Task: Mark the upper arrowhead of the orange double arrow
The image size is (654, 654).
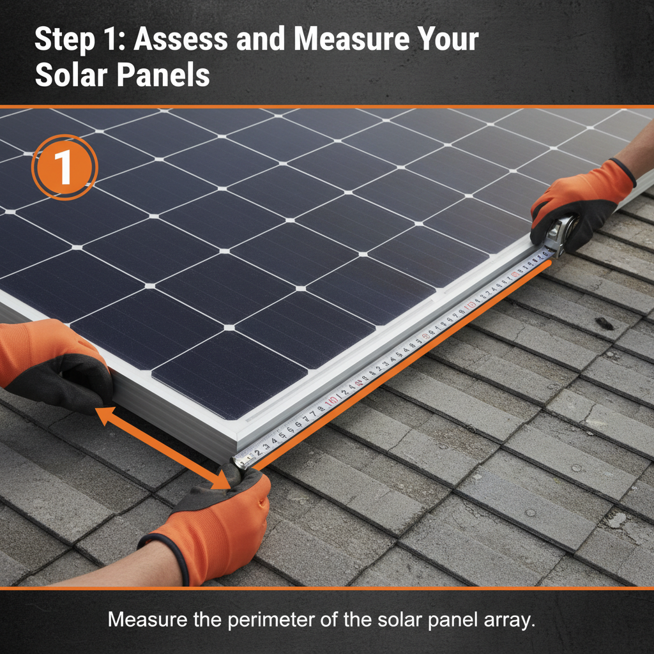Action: coord(102,412)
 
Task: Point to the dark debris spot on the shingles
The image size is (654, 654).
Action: coord(603,323)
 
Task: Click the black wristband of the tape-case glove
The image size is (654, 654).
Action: coord(625,171)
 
